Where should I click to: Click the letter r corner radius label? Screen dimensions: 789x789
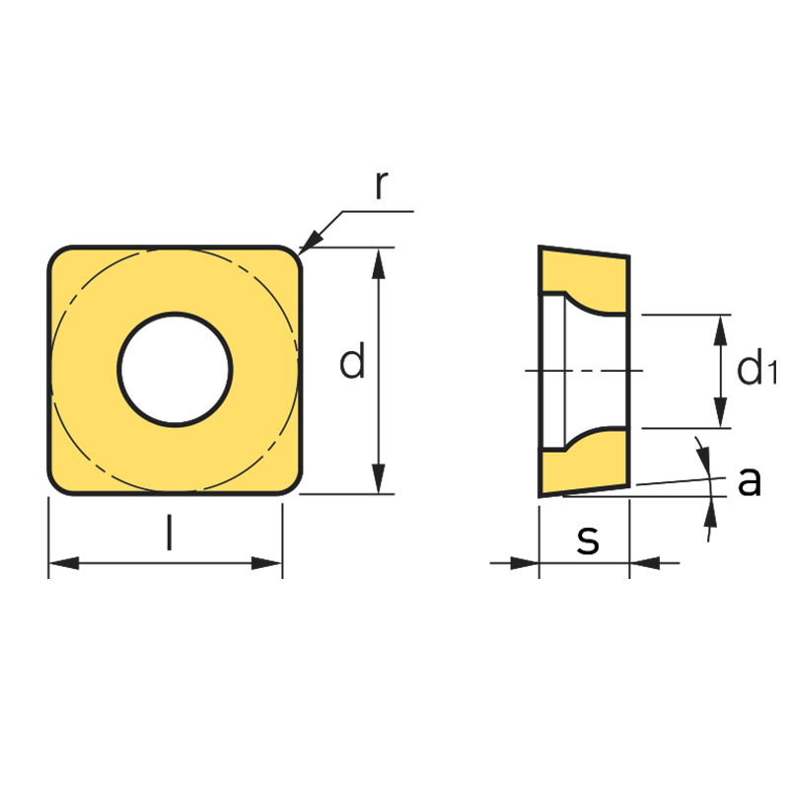click(382, 184)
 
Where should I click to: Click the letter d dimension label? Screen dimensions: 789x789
click(352, 360)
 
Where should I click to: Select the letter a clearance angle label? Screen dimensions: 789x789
click(750, 481)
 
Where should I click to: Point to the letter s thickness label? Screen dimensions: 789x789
click(588, 539)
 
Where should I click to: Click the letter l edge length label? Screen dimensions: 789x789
click(170, 532)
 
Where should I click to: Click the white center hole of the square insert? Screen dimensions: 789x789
click(176, 369)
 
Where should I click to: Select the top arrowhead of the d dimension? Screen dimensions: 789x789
click(379, 263)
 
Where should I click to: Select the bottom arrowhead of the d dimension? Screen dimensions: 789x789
click(379, 478)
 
